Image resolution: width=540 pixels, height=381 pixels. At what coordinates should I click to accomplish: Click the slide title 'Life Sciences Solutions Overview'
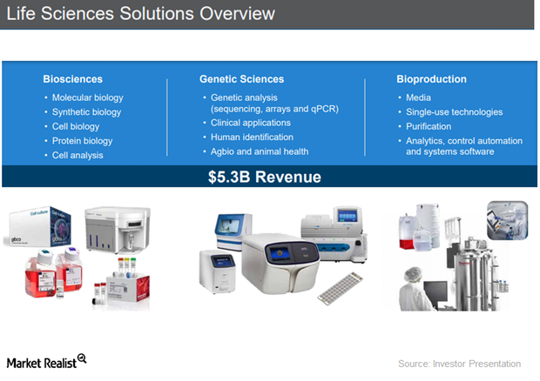pos(139,14)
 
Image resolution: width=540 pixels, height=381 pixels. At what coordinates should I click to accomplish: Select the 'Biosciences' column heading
pos(73,79)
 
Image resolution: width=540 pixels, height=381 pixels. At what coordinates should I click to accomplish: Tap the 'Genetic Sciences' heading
pos(241,79)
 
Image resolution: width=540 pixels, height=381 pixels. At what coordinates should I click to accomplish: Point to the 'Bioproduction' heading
pos(431,79)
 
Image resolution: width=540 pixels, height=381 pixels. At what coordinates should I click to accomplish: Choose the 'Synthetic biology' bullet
pos(87,112)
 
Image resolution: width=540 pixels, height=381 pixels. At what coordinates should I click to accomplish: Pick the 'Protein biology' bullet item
pos(82,141)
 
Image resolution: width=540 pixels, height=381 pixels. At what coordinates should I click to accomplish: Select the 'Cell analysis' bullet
pos(78,155)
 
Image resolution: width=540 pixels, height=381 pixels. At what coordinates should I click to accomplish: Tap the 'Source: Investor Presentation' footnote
pos(459,364)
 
